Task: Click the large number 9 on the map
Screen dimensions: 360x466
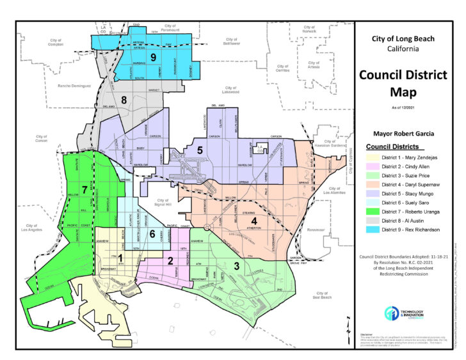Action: pos(153,58)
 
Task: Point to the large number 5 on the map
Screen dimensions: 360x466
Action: pos(200,150)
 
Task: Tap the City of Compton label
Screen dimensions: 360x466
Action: pos(56,42)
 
